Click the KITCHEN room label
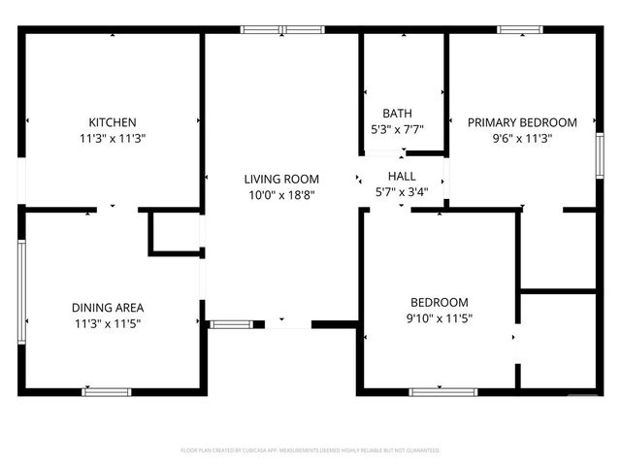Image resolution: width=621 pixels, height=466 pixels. pos(113,122)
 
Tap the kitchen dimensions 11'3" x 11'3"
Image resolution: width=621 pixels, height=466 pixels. pos(113,139)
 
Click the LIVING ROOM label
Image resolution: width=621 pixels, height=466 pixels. pos(281,179)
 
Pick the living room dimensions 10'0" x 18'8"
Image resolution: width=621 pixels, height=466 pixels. pos(281,195)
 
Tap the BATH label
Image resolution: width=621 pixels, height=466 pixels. pos(397,113)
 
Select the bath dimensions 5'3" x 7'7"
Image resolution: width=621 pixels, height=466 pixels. pos(397,129)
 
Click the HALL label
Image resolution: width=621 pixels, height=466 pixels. pos(402,176)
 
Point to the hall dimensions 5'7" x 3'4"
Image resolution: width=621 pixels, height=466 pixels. pos(402,192)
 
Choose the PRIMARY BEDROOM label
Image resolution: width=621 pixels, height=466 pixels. pos(522,122)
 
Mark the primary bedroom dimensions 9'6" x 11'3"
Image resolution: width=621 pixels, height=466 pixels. pos(522,139)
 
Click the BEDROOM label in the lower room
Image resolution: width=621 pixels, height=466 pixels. pos(439,302)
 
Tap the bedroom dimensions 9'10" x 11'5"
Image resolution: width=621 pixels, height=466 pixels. pos(439,318)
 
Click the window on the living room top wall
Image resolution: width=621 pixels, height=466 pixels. pos(282,30)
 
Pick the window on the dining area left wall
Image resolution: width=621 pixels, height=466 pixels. pos(21,287)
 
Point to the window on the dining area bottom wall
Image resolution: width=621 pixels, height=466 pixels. pos(107,391)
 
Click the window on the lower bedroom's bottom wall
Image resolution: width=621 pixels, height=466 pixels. pos(443,391)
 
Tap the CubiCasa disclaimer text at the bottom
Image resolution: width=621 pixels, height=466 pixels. pos(310,450)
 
